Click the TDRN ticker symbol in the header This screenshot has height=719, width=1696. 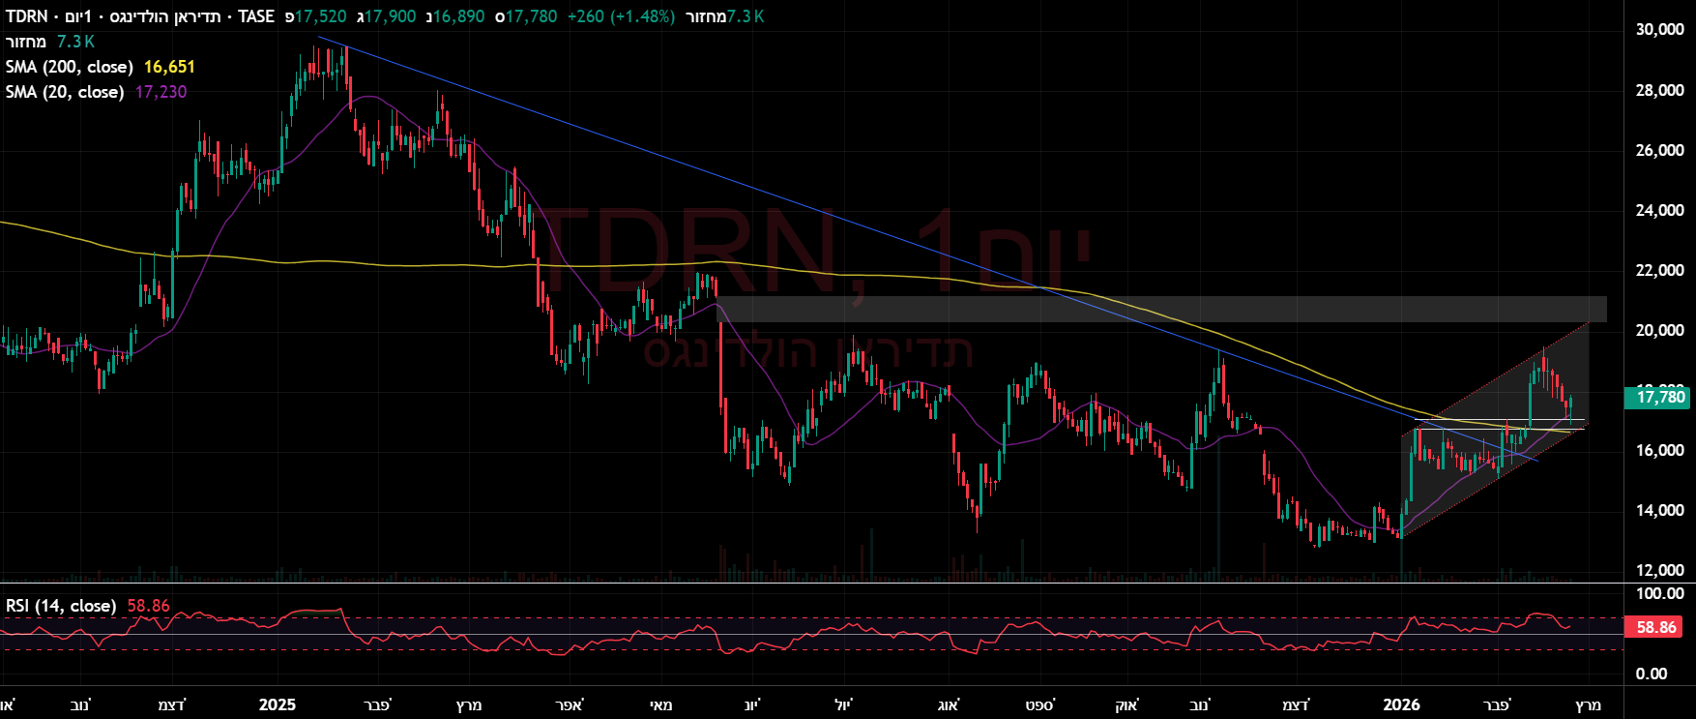(x=26, y=16)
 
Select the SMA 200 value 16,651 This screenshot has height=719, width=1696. (x=169, y=67)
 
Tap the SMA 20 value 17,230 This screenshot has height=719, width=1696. (x=161, y=92)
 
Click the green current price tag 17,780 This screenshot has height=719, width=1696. (x=1659, y=397)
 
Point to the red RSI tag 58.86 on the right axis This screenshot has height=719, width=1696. (x=1656, y=627)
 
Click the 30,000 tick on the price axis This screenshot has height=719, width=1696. (x=1659, y=30)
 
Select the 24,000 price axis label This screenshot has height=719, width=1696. (x=1659, y=210)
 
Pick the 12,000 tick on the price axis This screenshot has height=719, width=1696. (x=1659, y=570)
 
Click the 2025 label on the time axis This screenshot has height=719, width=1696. (x=278, y=704)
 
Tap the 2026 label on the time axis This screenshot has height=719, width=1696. (x=1401, y=704)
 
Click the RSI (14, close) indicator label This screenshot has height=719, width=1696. (x=61, y=606)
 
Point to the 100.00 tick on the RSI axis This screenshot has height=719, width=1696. (x=1659, y=593)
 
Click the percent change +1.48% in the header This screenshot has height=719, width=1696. (x=642, y=16)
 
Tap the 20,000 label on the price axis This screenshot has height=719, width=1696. (x=1659, y=330)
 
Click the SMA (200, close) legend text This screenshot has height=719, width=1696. (x=69, y=67)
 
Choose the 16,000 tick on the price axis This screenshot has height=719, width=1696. (x=1659, y=450)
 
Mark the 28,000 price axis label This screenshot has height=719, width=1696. (x=1659, y=90)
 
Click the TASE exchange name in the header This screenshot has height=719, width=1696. (x=256, y=16)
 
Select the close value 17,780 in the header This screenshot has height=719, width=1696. (x=531, y=16)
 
